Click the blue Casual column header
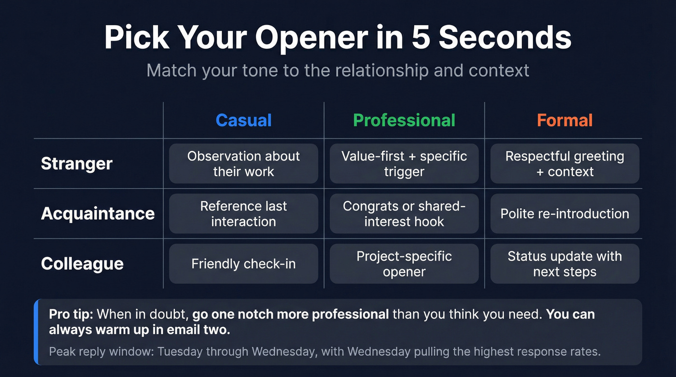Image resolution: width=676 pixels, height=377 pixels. pyautogui.click(x=243, y=120)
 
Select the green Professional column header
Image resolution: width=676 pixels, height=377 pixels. pyautogui.click(x=404, y=120)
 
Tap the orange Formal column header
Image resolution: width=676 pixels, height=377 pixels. pyautogui.click(x=564, y=120)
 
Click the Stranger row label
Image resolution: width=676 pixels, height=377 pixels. pyautogui.click(x=76, y=164)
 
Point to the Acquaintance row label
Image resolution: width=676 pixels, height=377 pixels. pyautogui.click(x=98, y=213)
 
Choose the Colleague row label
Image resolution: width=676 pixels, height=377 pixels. pyautogui.click(x=82, y=264)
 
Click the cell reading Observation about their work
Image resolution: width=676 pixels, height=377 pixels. pyautogui.click(x=243, y=164)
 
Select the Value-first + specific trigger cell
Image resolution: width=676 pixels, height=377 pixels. pyautogui.click(x=404, y=164)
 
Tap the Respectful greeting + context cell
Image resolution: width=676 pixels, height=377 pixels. pyautogui.click(x=564, y=164)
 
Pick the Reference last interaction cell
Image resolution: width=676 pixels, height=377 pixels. pyautogui.click(x=243, y=213)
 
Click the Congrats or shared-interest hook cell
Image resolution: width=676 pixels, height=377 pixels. pyautogui.click(x=404, y=213)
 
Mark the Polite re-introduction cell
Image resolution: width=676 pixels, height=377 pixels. pyautogui.click(x=564, y=213)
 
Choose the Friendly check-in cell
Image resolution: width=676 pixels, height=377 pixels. pyautogui.click(x=243, y=264)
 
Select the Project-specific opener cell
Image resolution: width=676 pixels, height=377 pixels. pyautogui.click(x=404, y=264)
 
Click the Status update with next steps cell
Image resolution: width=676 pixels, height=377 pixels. pyautogui.click(x=564, y=264)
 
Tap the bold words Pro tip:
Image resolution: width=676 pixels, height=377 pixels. pyautogui.click(x=71, y=315)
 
